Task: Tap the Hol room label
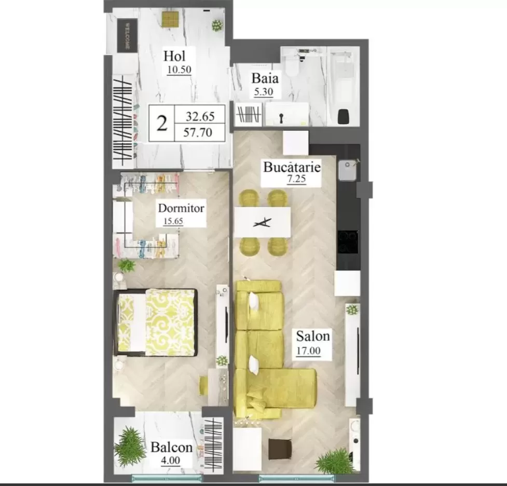(x=174, y=56)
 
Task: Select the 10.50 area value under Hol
(x=180, y=70)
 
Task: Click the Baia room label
(x=265, y=78)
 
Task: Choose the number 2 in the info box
(x=162, y=124)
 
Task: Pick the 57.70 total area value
(x=198, y=132)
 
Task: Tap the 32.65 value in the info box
(x=200, y=116)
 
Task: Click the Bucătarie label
(x=292, y=167)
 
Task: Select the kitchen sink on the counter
(x=348, y=170)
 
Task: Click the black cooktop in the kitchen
(x=348, y=242)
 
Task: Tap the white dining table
(x=262, y=222)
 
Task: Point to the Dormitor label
(x=181, y=208)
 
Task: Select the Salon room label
(x=313, y=336)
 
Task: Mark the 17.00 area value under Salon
(x=308, y=351)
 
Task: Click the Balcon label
(x=172, y=447)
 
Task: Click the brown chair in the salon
(x=280, y=449)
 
